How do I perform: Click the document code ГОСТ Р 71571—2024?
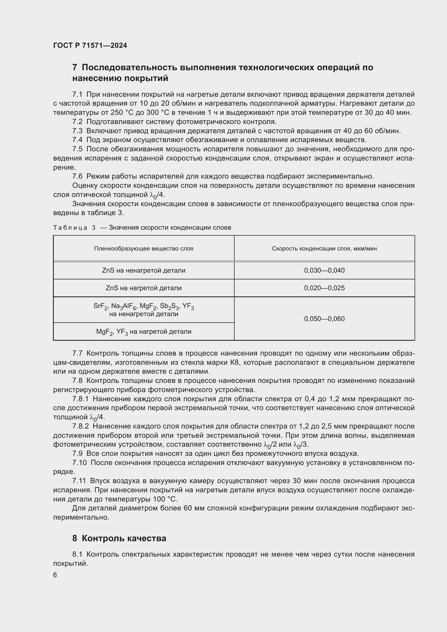[90, 45]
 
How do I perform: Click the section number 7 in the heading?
[75, 68]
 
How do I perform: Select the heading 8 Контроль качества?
[119, 538]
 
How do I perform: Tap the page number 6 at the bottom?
[55, 575]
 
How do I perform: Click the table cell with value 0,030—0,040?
[324, 270]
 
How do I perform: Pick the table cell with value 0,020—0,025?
[324, 288]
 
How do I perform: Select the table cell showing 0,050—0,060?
[324, 319]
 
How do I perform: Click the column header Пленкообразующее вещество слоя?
[144, 249]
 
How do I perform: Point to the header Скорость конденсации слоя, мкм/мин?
[324, 249]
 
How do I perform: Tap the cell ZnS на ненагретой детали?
[144, 270]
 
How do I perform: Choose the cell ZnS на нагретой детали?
[144, 288]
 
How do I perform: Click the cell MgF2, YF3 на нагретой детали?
[144, 332]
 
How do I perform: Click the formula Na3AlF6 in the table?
[123, 306]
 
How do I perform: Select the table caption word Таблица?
[70, 228]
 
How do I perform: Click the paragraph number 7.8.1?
[81, 399]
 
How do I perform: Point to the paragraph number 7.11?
[79, 481]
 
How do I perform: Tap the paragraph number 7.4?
[77, 140]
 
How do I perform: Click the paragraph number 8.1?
[77, 554]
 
